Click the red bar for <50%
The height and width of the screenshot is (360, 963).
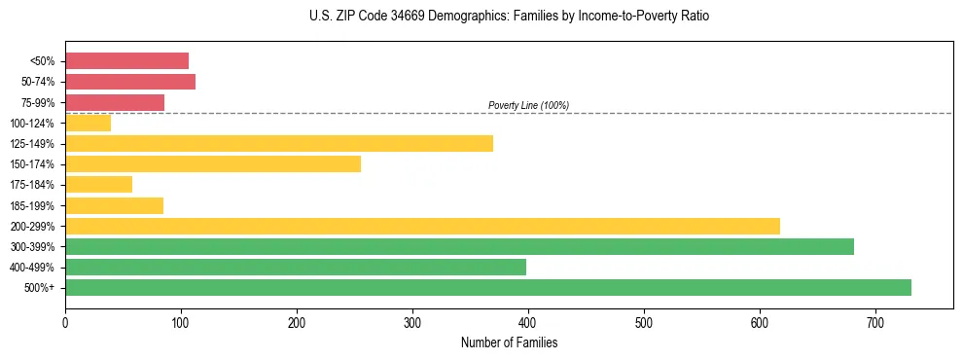126,61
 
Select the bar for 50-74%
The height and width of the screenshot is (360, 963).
130,82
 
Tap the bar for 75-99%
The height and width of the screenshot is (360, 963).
115,102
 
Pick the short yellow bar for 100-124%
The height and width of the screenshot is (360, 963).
88,123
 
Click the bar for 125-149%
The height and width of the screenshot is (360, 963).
279,144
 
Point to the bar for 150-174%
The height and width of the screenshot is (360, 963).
213,164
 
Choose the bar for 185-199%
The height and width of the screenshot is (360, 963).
114,205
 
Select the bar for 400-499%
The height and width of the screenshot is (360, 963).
296,267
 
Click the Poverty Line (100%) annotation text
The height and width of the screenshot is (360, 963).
528,105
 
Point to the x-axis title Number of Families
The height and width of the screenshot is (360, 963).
509,342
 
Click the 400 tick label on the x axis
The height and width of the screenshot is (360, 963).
528,322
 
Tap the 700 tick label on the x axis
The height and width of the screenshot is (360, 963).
875,322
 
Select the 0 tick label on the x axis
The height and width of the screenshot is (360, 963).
65,322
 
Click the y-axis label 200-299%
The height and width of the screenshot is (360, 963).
37,226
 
